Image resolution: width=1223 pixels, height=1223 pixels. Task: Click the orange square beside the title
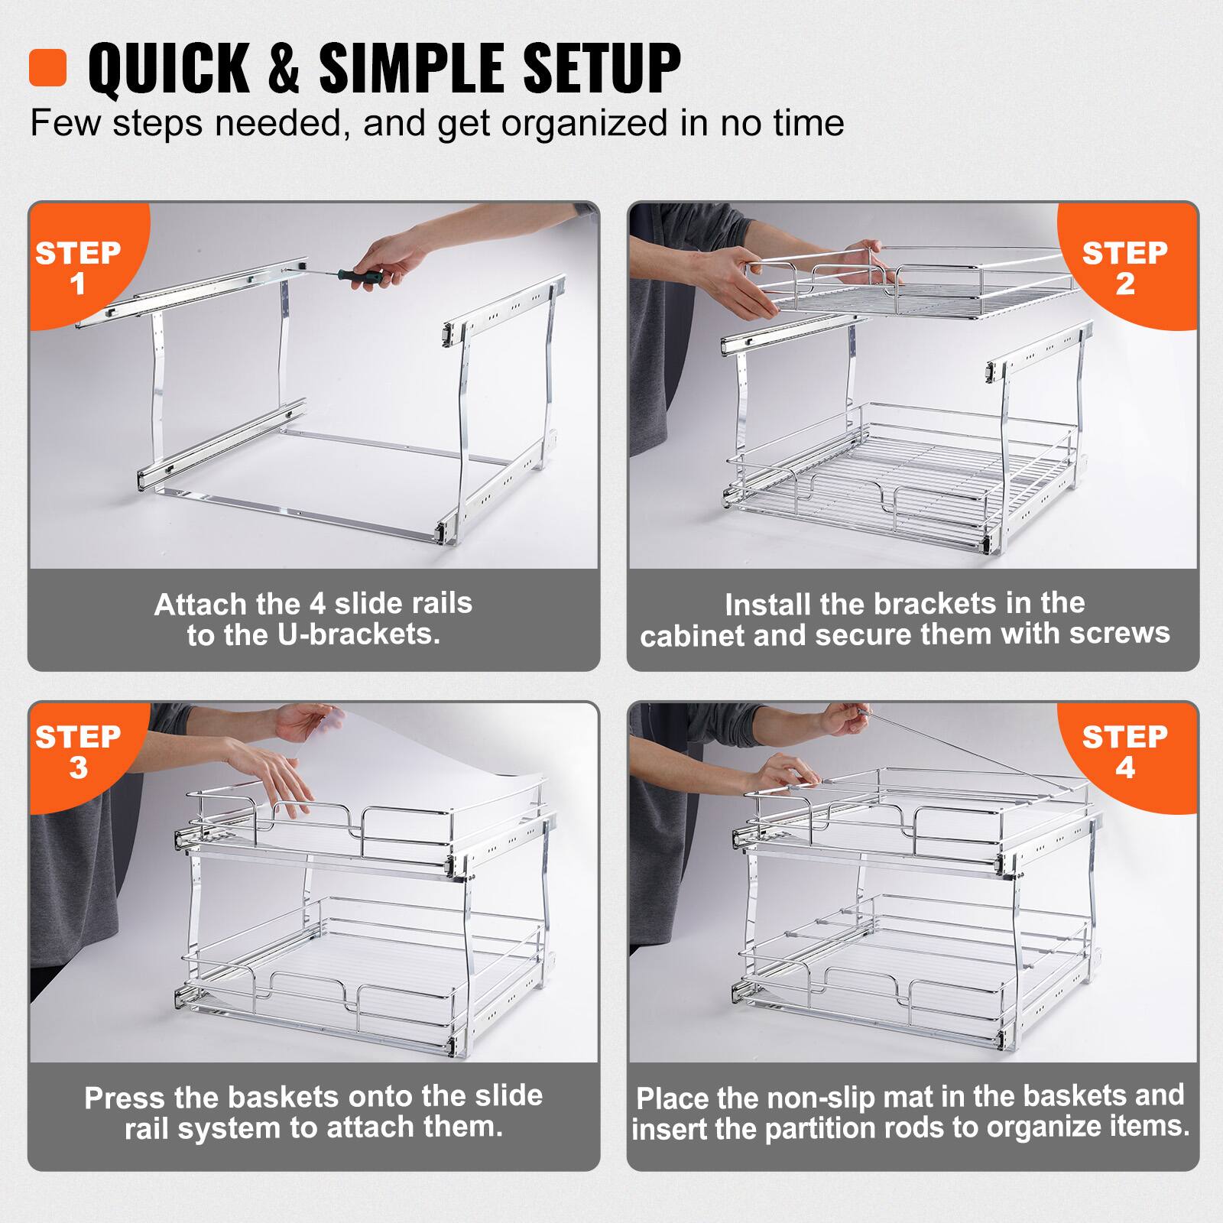click(47, 68)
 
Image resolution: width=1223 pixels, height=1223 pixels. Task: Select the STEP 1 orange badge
click(78, 268)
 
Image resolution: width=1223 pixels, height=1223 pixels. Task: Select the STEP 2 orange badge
click(1124, 268)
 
